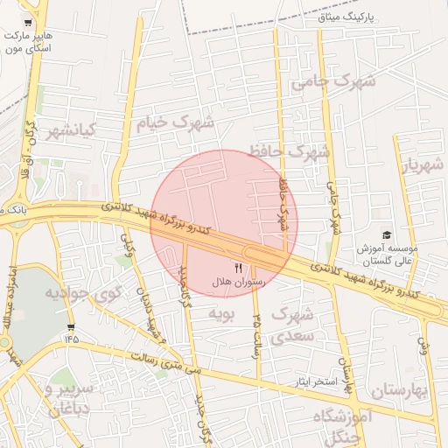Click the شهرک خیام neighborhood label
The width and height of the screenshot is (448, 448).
(x=176, y=123)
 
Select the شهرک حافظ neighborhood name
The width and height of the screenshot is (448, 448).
(x=289, y=152)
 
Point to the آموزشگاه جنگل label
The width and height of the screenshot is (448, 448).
(x=348, y=425)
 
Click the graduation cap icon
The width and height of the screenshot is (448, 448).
(x=386, y=235)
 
